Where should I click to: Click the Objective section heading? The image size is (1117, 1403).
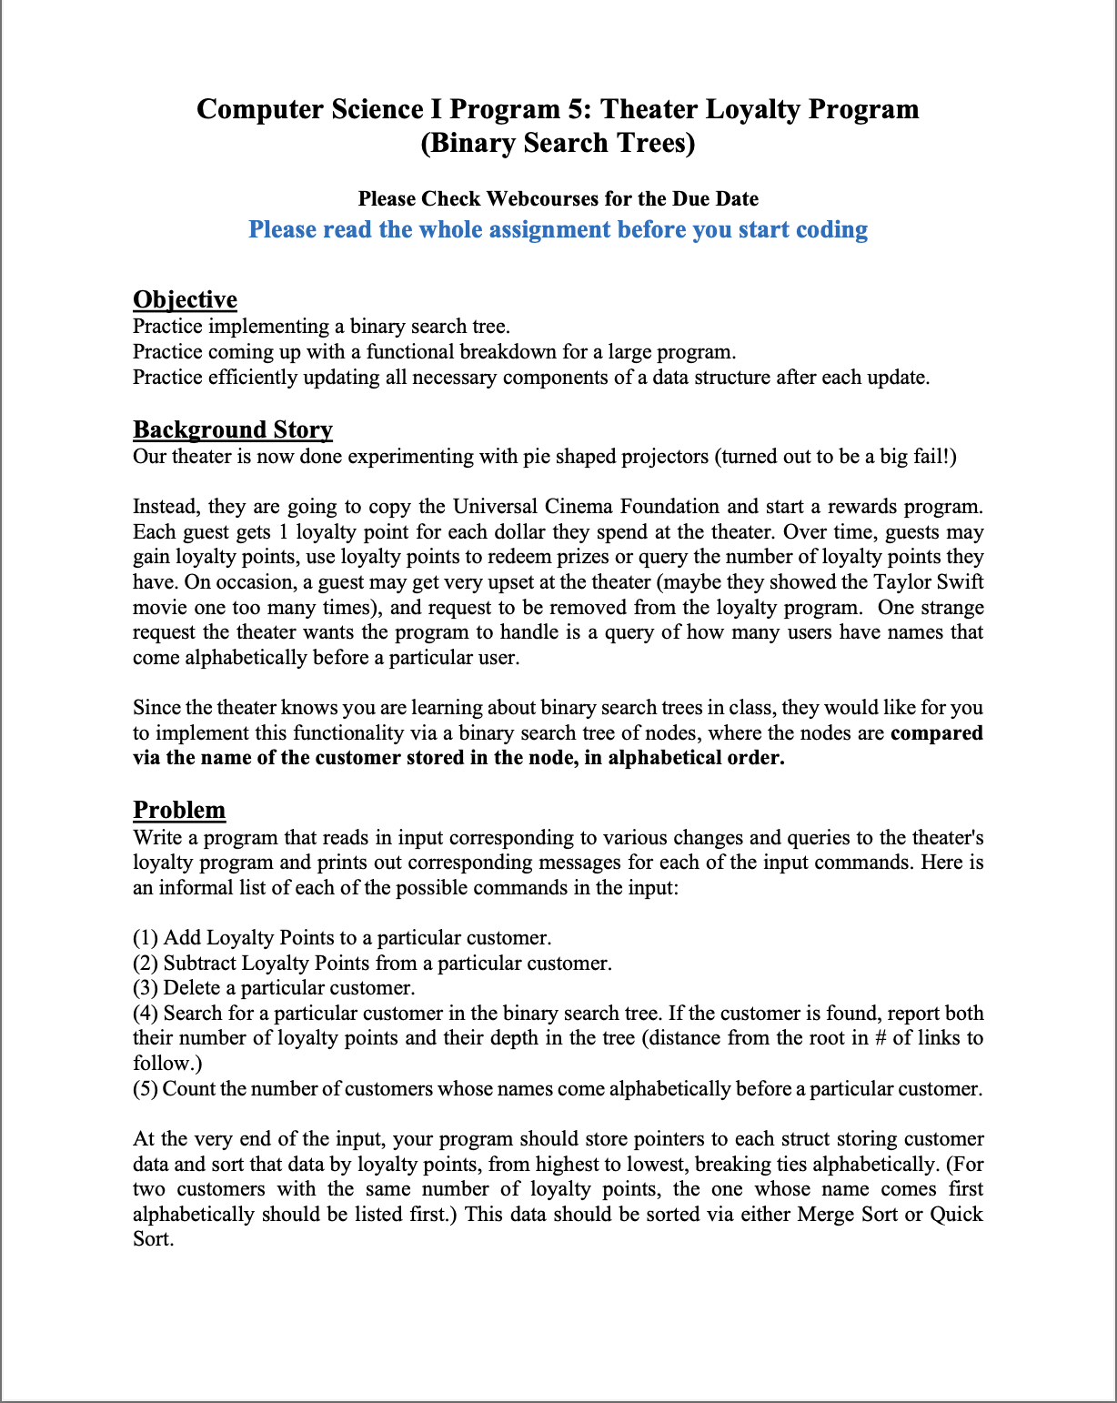tap(185, 299)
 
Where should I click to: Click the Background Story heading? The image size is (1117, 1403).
tap(233, 429)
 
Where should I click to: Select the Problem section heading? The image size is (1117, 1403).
tap(179, 810)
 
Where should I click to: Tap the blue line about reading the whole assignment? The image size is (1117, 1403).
tap(558, 229)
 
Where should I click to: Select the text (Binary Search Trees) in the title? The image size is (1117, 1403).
tap(558, 143)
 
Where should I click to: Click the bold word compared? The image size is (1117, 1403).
tap(936, 733)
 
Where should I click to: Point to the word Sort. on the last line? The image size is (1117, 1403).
tap(153, 1239)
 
